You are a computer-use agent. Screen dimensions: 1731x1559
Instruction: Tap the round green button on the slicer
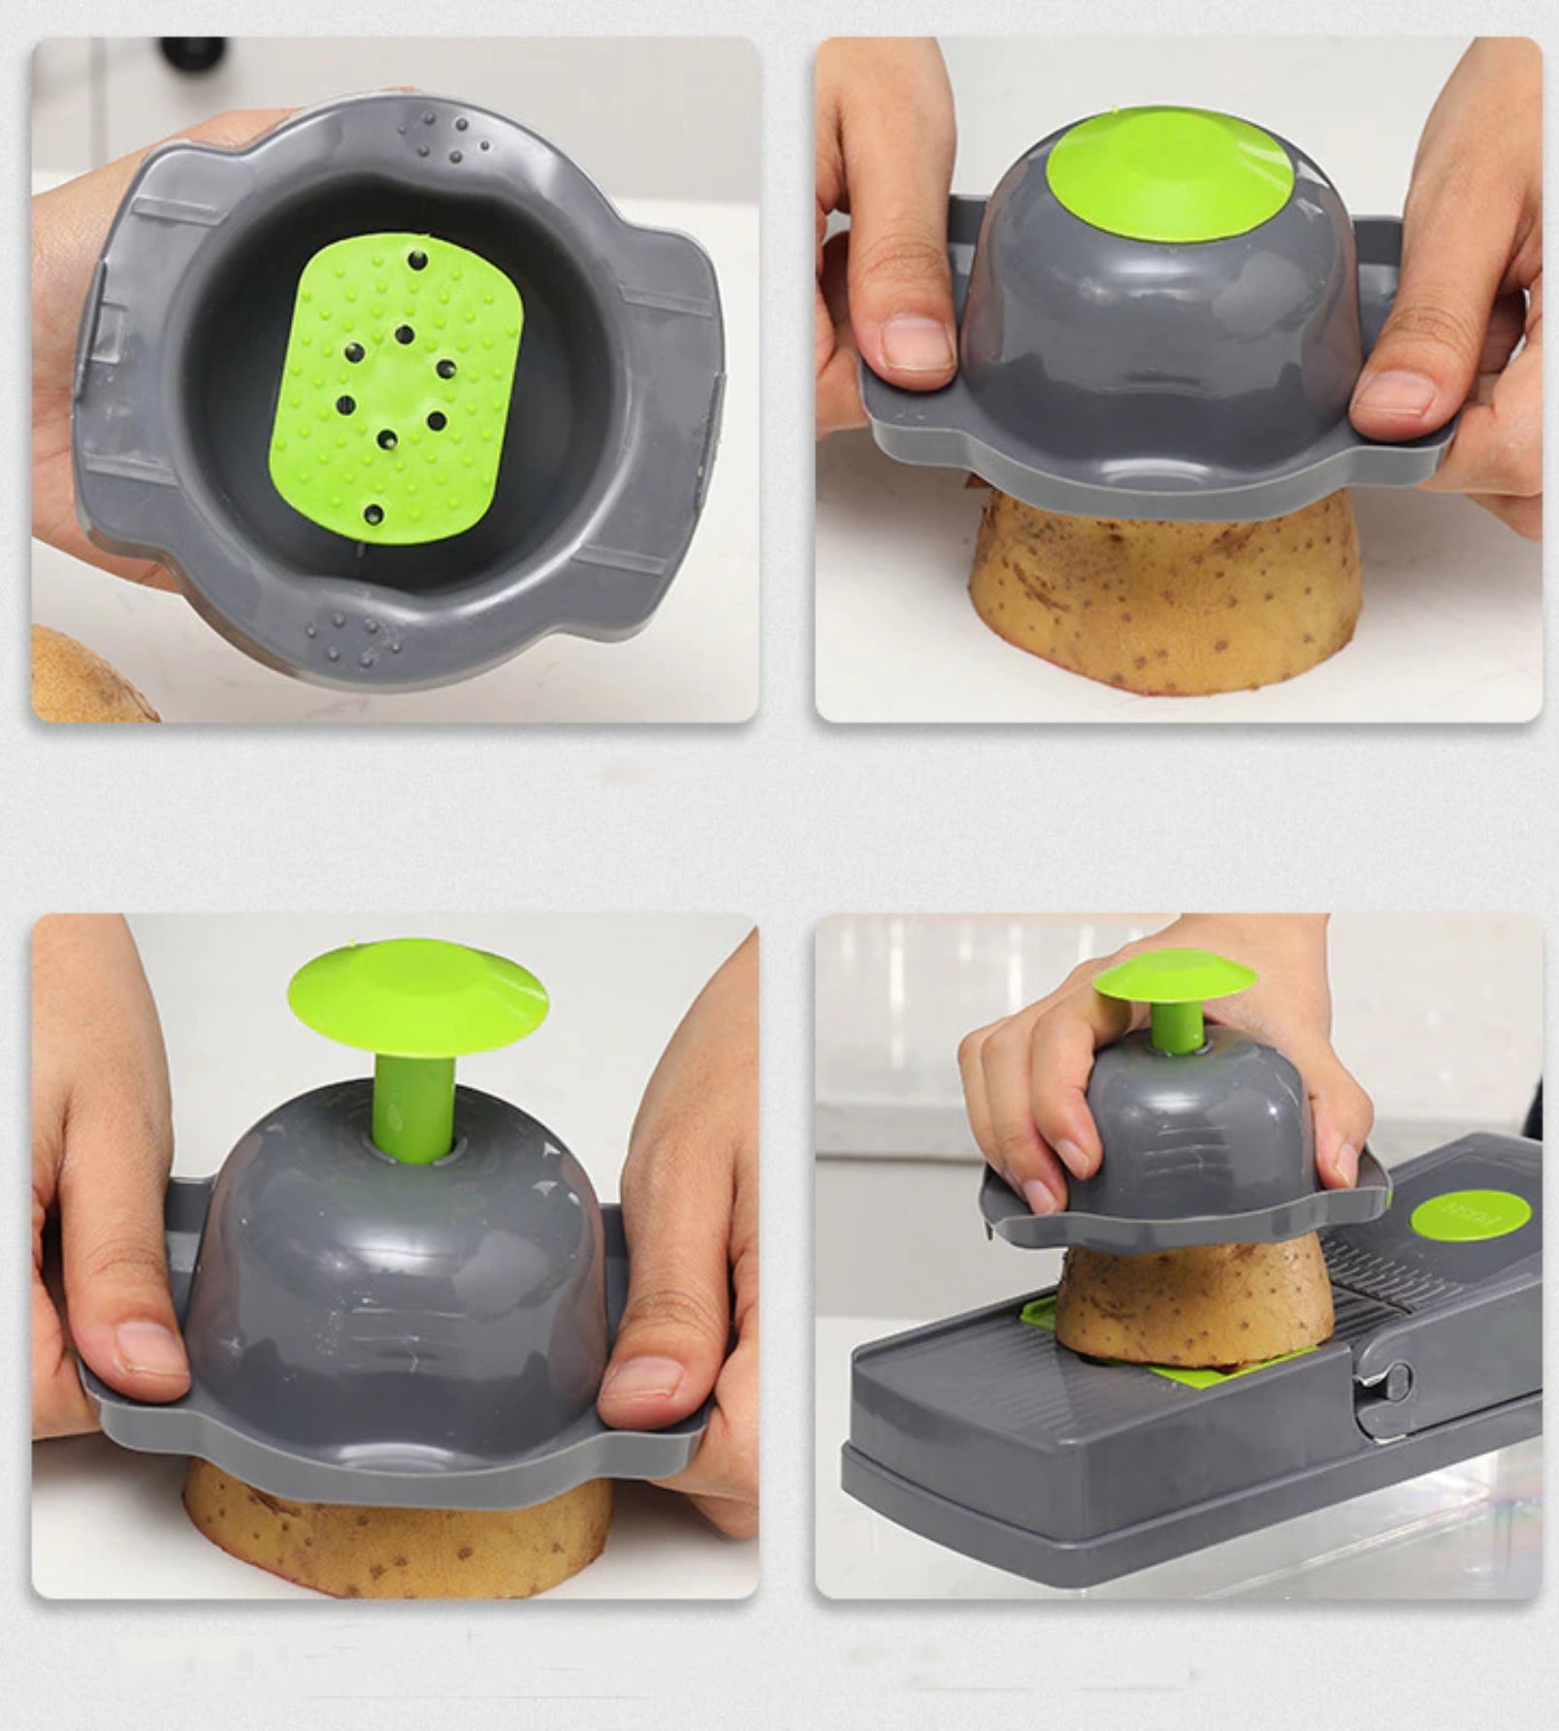tap(1470, 1218)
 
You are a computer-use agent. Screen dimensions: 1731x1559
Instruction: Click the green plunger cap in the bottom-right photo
tap(1174, 980)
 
